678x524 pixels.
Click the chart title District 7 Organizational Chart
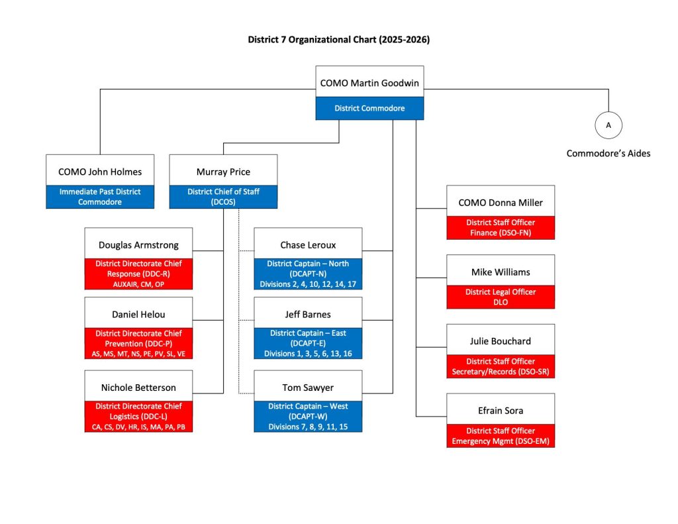tap(338, 40)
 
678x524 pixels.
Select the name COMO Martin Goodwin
tap(369, 83)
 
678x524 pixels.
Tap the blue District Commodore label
tap(369, 109)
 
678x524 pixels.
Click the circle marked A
tap(608, 125)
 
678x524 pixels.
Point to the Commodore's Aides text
tap(608, 154)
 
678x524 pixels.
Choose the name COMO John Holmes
tap(100, 172)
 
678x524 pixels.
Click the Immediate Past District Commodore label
tap(100, 197)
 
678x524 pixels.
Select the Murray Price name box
tap(223, 172)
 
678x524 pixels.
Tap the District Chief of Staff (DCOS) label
tap(223, 197)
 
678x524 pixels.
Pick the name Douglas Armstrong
tap(138, 245)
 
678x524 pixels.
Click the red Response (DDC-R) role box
tap(138, 274)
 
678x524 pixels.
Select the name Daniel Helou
tap(138, 314)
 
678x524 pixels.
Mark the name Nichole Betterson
tap(138, 387)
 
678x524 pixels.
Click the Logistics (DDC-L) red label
tap(138, 417)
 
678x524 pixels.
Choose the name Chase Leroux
tap(308, 245)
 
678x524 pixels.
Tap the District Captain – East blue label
tap(308, 343)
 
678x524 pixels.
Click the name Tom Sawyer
tap(308, 387)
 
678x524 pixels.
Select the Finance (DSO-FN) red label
tap(501, 227)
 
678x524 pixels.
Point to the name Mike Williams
tap(501, 272)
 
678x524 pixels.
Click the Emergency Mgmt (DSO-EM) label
tap(501, 436)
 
